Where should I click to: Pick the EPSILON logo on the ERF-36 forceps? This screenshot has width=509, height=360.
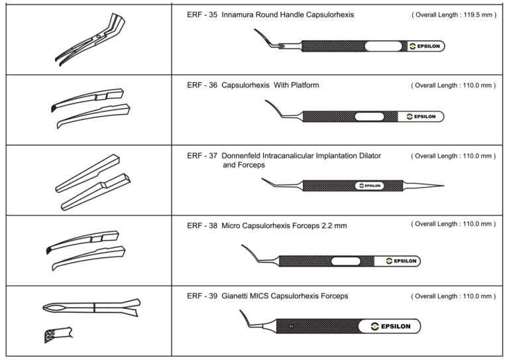click(421, 117)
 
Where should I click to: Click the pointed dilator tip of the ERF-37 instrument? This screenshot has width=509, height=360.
click(440, 185)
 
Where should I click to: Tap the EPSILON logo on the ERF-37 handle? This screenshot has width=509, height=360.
click(370, 186)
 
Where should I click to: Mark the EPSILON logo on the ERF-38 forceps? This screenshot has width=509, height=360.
click(400, 261)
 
